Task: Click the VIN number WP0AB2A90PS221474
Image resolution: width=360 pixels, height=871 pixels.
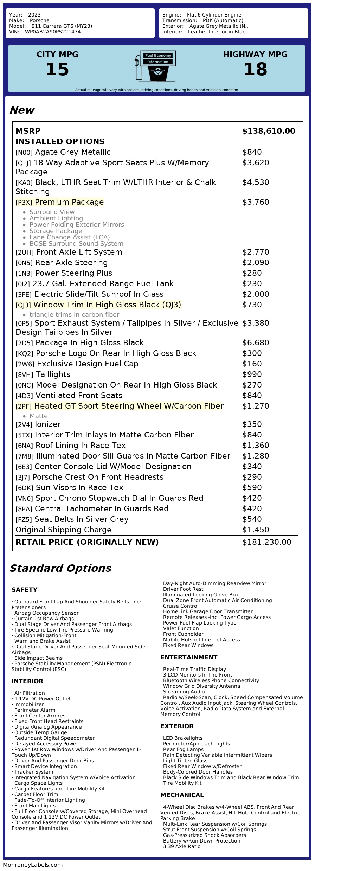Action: pyautogui.click(x=53, y=32)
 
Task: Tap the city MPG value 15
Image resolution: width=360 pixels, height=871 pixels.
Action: pyautogui.click(x=57, y=69)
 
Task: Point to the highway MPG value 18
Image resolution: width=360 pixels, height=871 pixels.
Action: pyautogui.click(x=255, y=69)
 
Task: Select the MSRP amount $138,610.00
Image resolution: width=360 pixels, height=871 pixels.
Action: pyautogui.click(x=269, y=131)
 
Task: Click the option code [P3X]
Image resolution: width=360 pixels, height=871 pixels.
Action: pyautogui.click(x=24, y=203)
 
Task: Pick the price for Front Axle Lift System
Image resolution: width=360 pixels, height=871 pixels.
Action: pyautogui.click(x=256, y=252)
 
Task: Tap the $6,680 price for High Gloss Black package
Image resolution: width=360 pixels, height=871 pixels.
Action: pyautogui.click(x=256, y=343)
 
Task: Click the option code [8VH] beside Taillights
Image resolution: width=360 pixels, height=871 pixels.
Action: pyautogui.click(x=24, y=375)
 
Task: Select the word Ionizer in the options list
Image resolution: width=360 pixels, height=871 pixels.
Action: pyautogui.click(x=48, y=424)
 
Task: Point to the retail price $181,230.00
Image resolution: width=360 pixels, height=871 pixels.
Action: pyautogui.click(x=266, y=542)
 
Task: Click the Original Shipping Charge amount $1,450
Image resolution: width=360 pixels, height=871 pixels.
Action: pyautogui.click(x=256, y=530)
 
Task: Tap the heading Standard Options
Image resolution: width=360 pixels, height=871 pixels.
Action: pyautogui.click(x=60, y=569)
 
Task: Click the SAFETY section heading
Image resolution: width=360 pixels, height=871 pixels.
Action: pyautogui.click(x=24, y=590)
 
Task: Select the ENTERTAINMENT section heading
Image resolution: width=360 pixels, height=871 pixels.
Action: pyautogui.click(x=189, y=657)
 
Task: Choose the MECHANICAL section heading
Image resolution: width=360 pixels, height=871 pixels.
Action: pyautogui.click(x=182, y=795)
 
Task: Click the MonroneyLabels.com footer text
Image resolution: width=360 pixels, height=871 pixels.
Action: pyautogui.click(x=33, y=865)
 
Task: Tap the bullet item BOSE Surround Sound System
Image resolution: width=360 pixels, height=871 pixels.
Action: pyautogui.click(x=76, y=244)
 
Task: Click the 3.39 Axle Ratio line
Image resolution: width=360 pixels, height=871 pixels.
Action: pyautogui.click(x=181, y=846)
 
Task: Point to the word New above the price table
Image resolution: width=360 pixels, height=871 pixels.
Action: pyautogui.click(x=22, y=110)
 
